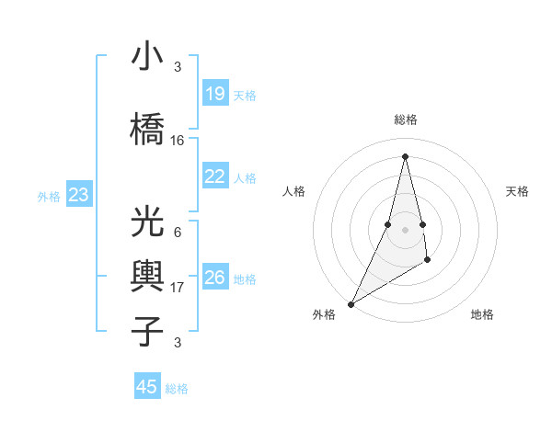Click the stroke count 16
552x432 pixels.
point(178,141)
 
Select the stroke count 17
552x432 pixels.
point(178,288)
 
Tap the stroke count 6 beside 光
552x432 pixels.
point(178,233)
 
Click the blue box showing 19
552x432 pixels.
point(215,94)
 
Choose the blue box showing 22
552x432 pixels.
point(215,176)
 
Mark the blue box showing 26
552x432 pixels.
point(215,278)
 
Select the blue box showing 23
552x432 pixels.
point(79,195)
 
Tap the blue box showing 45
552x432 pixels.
point(147,387)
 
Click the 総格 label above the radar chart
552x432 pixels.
point(405,119)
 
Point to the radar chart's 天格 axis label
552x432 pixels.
point(517,191)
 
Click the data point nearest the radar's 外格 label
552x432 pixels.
point(351,303)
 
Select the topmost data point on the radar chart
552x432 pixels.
point(405,155)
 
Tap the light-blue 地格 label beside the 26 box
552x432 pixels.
point(245,279)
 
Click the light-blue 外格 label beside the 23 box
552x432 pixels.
point(49,196)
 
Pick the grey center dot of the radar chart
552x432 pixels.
point(405,229)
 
